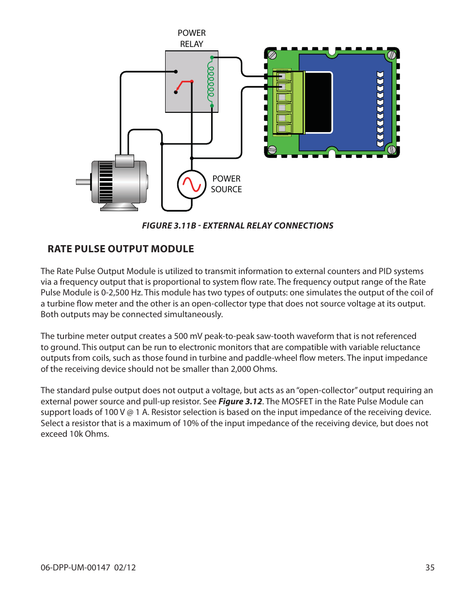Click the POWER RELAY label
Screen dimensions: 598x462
(191, 39)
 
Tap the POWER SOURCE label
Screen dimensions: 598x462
(226, 184)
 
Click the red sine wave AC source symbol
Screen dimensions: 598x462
(192, 184)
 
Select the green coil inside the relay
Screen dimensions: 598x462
(211, 80)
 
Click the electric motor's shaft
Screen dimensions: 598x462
(83, 182)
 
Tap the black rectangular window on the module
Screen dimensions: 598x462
(318, 102)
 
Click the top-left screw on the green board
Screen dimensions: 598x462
(272, 55)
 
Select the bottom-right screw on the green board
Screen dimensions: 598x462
(391, 150)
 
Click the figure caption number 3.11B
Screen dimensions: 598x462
(185, 226)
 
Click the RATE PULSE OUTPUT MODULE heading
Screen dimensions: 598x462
(121, 249)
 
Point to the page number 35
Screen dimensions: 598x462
(430, 567)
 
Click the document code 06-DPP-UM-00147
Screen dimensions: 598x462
(75, 567)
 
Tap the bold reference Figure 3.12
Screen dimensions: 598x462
(240, 401)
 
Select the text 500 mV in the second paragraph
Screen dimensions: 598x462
(188, 336)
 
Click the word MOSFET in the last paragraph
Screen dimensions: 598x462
(297, 401)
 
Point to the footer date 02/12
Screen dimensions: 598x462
(125, 567)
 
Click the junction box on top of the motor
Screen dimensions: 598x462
(124, 161)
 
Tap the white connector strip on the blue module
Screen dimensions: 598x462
(380, 109)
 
